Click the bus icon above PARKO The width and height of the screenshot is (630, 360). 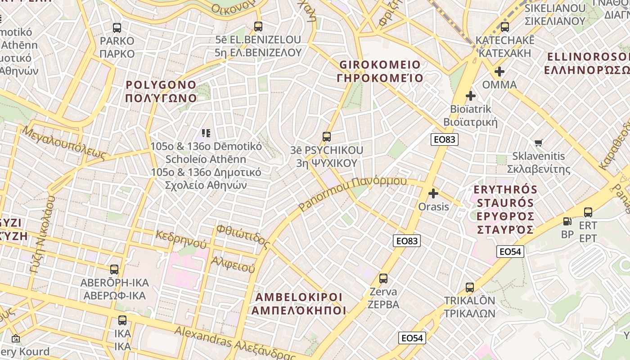pos(117,28)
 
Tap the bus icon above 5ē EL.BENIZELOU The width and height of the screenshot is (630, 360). pos(258,27)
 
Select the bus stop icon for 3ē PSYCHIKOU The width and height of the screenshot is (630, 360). pos(327,137)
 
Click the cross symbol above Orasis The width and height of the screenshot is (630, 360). pos(433,193)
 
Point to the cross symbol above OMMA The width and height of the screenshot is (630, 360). pos(499,72)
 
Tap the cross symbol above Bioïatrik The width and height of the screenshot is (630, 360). pos(471,96)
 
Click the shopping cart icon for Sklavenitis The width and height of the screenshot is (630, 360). pos(539,143)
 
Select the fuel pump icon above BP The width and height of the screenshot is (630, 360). pos(567,221)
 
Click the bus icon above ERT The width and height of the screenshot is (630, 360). pos(588,212)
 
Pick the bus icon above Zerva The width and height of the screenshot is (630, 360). pos(383,279)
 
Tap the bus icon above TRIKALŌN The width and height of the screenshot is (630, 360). pos(470,287)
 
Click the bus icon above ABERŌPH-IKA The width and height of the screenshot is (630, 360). pos(114,270)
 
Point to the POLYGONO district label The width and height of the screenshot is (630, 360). pos(161,91)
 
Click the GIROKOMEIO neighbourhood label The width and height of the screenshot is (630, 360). pos(380,71)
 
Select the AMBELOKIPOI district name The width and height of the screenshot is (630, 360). pos(299,304)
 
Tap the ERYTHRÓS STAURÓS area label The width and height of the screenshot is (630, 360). pos(505,209)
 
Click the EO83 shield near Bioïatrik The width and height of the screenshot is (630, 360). pos(444,139)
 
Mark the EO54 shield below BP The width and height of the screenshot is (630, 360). pos(510,252)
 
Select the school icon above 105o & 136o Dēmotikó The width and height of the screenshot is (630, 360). pos(206,133)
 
